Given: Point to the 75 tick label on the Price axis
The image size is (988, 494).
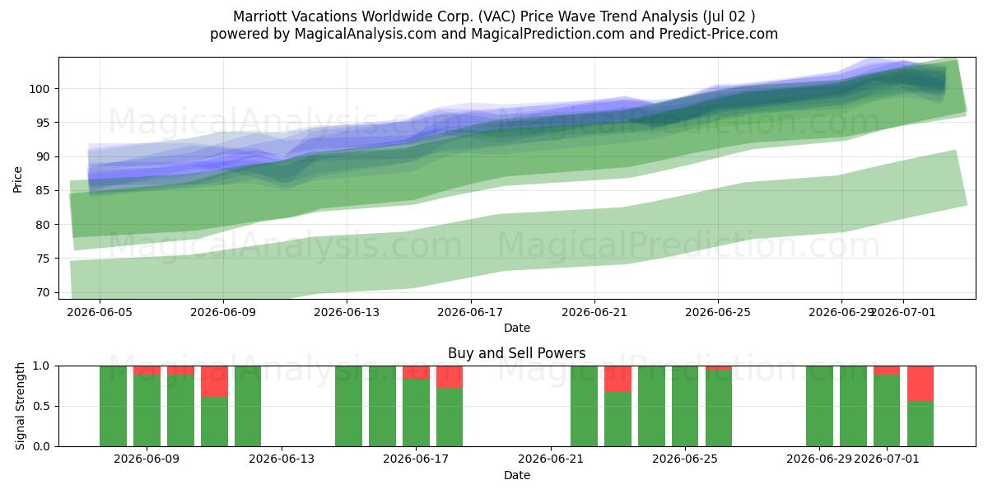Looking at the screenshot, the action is click(43, 259).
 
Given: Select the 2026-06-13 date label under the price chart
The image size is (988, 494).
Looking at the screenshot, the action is click(347, 313).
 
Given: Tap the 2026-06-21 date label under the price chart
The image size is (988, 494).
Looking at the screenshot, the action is click(594, 313).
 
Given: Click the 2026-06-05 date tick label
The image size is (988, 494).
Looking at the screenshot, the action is click(100, 313).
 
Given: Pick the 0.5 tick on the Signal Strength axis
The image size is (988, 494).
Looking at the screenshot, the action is click(41, 406).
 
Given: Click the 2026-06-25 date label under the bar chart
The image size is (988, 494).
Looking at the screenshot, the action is click(685, 459).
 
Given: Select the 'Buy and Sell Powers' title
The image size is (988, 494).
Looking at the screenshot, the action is click(516, 353).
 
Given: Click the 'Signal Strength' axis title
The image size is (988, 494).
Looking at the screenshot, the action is click(20, 406).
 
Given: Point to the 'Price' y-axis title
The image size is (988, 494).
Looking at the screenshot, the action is click(17, 179).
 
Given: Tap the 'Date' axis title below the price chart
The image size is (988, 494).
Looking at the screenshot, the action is click(516, 329).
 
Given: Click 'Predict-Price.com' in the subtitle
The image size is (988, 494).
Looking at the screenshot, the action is click(719, 34).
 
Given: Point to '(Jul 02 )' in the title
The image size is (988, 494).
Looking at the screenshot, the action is click(728, 16).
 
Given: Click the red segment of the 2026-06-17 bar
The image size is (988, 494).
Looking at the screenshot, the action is click(416, 372).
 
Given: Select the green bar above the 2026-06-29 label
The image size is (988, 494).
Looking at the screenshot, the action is click(819, 406).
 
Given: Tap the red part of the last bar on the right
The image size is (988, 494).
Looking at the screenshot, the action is click(920, 384).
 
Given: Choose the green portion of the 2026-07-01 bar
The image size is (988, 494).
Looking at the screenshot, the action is click(887, 411).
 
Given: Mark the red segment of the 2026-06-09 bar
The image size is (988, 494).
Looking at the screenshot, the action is click(147, 370).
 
